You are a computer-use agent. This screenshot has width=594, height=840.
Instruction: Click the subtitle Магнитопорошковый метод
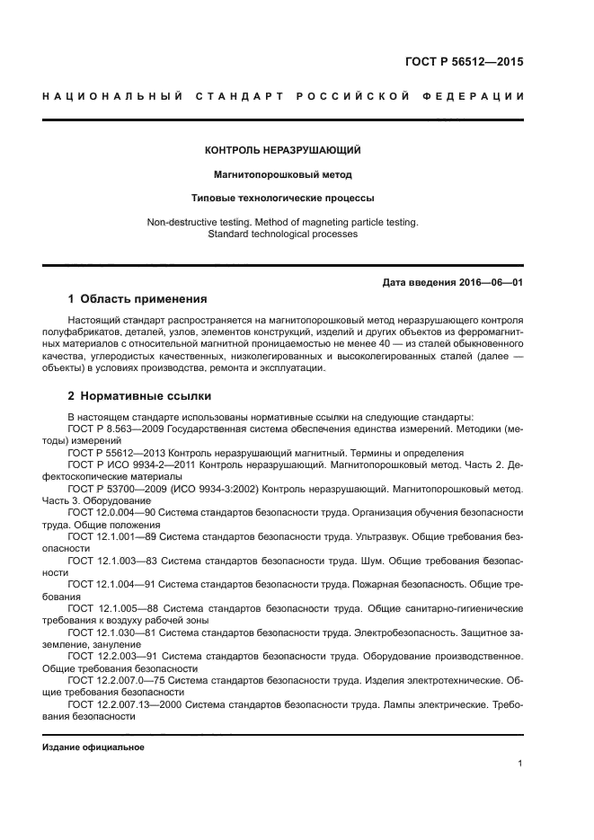click(282, 173)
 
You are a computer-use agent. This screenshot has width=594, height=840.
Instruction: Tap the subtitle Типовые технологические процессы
click(282, 197)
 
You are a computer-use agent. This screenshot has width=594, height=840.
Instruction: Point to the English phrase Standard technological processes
click(282, 234)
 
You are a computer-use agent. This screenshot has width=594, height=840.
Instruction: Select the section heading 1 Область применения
click(137, 299)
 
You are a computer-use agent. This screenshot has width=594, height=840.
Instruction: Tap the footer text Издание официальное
click(93, 747)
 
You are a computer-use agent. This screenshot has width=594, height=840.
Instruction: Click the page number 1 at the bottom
click(520, 764)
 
